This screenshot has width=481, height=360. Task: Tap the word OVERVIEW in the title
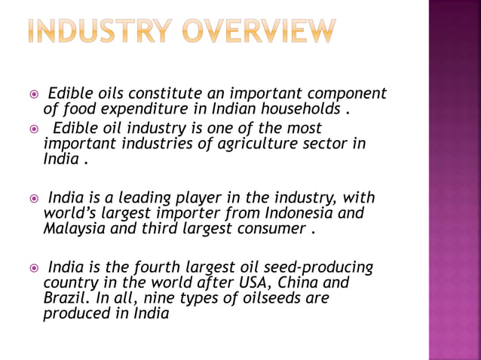pos(259,32)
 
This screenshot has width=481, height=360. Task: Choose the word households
pos(299,110)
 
